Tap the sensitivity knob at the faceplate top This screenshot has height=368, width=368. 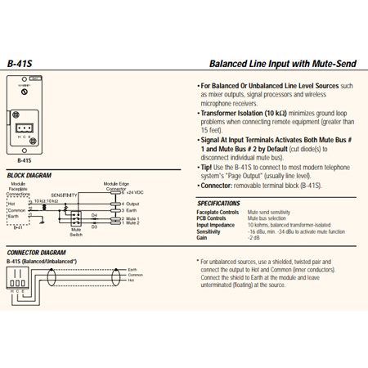pos(24,94)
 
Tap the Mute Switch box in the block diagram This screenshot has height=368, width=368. pos(76,219)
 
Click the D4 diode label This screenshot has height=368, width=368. pos(93,214)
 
